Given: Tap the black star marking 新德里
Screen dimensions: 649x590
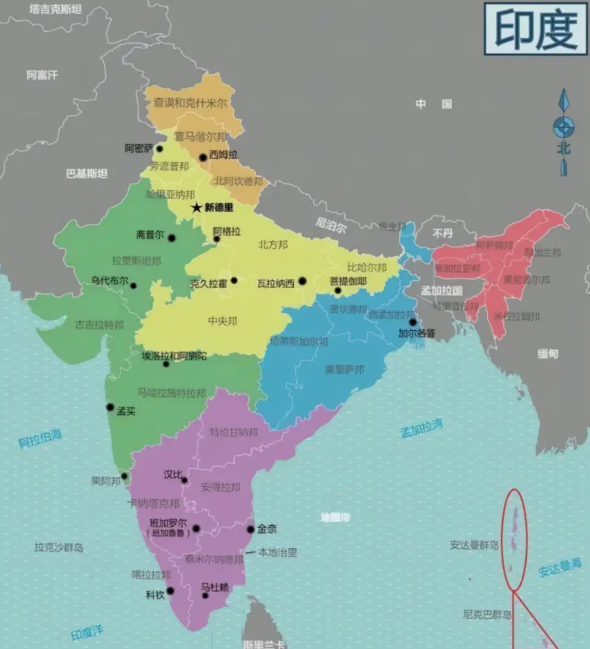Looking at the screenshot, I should (197, 208).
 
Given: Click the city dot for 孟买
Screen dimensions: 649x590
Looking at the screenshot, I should (110, 407).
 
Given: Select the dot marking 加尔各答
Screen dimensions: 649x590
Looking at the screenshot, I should (413, 321).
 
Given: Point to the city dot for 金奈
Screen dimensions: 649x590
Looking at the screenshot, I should (251, 529).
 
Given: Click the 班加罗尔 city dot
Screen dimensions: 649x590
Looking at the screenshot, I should (196, 528).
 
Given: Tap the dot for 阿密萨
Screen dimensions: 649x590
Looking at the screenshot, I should (159, 148).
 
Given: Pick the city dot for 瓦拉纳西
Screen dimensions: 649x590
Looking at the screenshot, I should (302, 281).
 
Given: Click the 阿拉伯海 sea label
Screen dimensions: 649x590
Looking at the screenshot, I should (40, 438).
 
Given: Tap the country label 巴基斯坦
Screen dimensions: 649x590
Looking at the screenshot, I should (87, 173).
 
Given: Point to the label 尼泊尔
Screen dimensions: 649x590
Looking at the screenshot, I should (331, 224).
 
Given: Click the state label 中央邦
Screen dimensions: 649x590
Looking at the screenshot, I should (222, 320).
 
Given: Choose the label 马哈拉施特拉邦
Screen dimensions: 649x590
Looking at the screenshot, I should (171, 393).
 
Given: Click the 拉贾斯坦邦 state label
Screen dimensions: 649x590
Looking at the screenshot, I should (136, 261).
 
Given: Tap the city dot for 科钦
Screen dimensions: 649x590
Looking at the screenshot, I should (170, 591).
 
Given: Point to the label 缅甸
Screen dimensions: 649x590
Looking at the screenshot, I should (548, 353).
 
